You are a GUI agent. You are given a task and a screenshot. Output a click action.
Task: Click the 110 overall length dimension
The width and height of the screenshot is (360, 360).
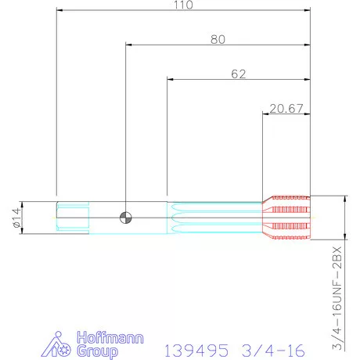click(182, 5)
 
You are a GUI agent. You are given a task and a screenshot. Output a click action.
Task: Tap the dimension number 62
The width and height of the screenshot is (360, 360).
click(239, 74)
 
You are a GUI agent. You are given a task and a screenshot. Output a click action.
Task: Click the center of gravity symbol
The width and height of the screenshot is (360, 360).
click(125, 217)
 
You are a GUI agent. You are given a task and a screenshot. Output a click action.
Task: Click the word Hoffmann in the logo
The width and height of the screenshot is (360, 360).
click(112, 338)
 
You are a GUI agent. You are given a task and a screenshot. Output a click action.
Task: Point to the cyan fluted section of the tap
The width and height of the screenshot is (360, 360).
click(215, 217)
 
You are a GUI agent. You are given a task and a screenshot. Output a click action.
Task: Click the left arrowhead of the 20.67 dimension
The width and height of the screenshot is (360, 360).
click(265, 114)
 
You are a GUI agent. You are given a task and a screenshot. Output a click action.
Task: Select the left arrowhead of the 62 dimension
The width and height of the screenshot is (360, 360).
click(171, 80)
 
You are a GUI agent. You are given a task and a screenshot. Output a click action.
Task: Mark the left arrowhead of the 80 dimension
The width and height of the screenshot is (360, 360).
click(128, 45)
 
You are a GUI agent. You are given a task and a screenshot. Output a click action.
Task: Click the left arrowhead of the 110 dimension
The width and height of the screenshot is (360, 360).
click(59, 10)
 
